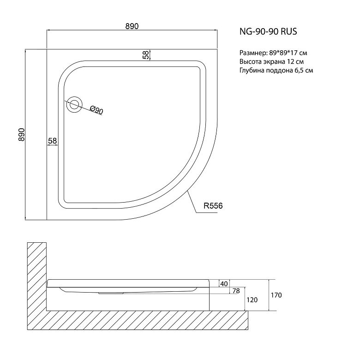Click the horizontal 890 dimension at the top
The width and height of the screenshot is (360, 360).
pos(132,26)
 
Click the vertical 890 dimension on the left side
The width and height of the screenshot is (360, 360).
pos(21,135)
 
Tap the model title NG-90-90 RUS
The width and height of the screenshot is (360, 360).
pos(268,31)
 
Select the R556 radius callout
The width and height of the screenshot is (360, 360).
pos(213,206)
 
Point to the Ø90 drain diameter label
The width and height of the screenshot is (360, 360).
pos(96,110)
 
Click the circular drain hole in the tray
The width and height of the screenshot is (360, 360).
pos(74,105)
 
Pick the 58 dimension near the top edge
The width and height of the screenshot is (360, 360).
pos(145,55)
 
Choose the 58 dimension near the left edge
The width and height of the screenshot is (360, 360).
pos(52,140)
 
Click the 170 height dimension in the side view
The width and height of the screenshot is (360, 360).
pos(276,295)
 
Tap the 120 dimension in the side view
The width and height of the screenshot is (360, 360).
pos(252,300)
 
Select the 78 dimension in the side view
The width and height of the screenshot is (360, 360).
pos(236,291)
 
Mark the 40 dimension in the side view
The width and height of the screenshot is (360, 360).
pos(224,284)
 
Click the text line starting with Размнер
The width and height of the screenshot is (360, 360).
pos(273,53)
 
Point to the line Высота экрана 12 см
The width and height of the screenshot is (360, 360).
pos(271,62)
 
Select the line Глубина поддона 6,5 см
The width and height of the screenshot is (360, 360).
pos(276,71)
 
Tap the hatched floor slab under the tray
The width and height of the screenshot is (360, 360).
pos(138,320)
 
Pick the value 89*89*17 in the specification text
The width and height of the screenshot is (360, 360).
pos(283,53)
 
